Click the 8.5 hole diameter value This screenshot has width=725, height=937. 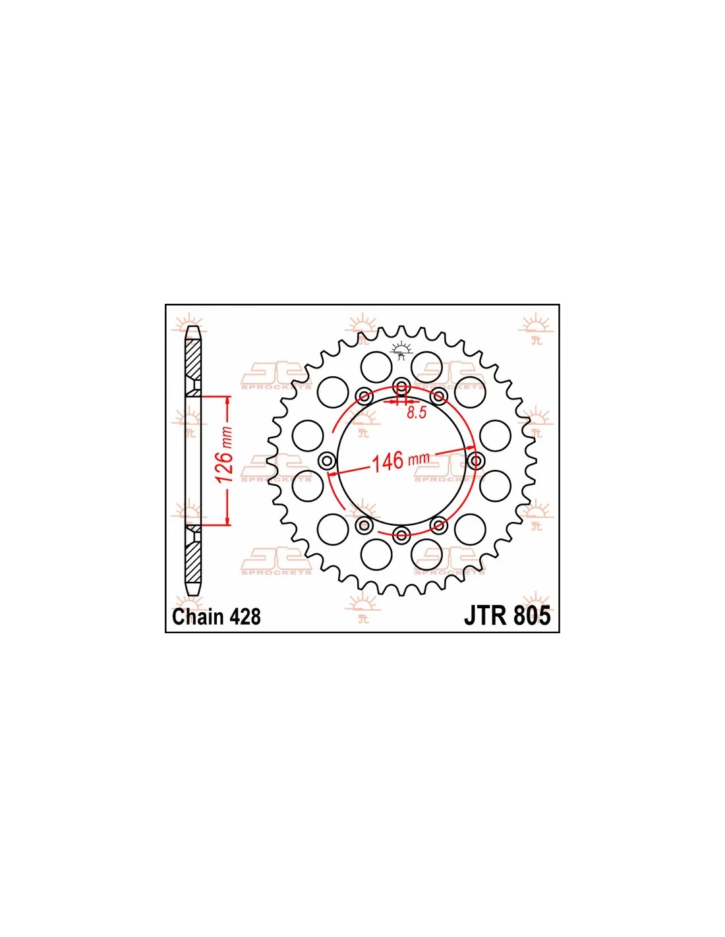(x=417, y=412)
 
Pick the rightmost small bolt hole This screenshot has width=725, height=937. (x=476, y=461)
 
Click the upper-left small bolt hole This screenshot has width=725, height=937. (x=364, y=396)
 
